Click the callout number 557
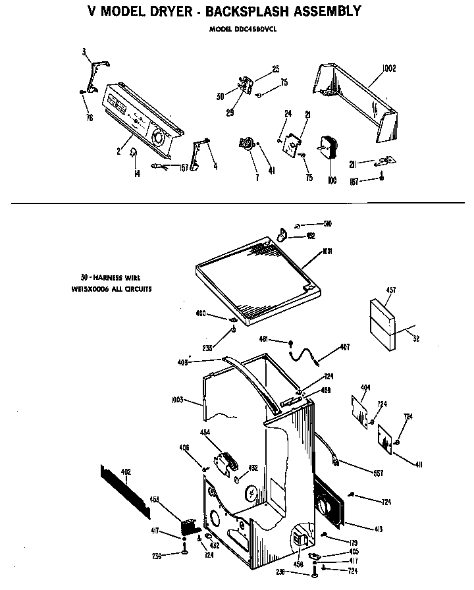[x=378, y=472]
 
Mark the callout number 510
[x=327, y=224]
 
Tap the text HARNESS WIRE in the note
[x=124, y=279]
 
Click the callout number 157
[x=183, y=167]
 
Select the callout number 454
[x=204, y=433]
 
